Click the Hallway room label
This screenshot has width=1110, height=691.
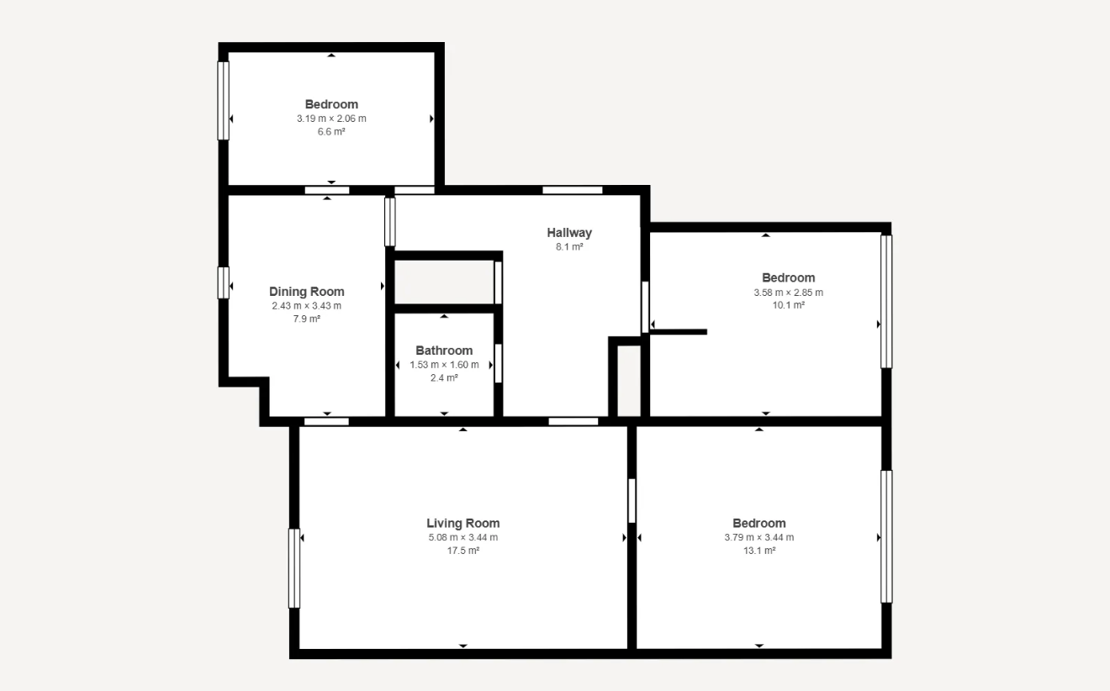click(569, 233)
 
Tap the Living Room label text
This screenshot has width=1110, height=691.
click(462, 523)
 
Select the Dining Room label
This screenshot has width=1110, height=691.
click(307, 292)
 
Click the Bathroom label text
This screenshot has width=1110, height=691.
click(444, 351)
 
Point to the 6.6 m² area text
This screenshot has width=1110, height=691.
click(331, 132)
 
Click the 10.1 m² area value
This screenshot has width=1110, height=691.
click(789, 305)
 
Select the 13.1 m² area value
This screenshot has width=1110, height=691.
click(759, 551)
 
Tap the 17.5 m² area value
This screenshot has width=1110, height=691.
click(462, 551)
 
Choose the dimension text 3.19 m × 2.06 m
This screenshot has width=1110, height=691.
click(331, 119)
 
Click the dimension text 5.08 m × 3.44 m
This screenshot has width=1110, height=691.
click(462, 537)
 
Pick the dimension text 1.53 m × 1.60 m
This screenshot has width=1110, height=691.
click(444, 365)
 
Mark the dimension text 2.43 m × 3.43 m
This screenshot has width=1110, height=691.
click(307, 306)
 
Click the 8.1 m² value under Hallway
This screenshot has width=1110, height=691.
click(569, 246)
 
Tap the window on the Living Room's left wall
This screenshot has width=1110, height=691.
click(294, 568)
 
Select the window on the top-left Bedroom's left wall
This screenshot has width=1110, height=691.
click(224, 101)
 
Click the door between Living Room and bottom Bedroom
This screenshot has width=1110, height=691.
click(632, 500)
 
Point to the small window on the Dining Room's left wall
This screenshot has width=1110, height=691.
click(224, 282)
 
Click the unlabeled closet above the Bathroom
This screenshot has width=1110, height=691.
click(444, 282)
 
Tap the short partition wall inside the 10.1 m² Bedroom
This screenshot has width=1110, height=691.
click(679, 332)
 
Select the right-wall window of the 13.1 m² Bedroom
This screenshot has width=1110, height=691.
click(886, 536)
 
